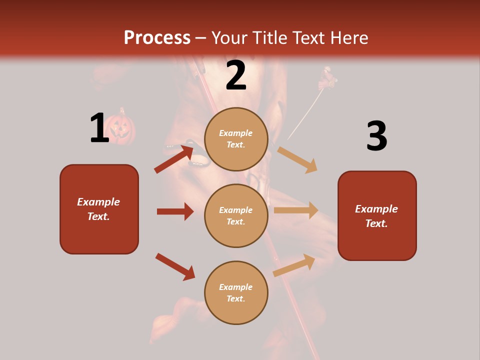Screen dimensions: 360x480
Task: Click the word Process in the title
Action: point(157,37)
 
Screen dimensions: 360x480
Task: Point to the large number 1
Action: point(99,128)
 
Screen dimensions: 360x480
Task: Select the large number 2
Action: point(236,75)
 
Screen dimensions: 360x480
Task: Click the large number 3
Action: point(376,136)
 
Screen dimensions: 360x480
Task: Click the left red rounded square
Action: point(99,209)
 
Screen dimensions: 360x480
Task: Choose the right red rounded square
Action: point(377,215)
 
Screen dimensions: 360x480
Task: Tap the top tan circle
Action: point(236,139)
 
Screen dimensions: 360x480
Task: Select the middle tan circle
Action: point(236,215)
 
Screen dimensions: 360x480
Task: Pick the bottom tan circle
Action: point(236,292)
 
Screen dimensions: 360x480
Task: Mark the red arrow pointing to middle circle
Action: point(175,211)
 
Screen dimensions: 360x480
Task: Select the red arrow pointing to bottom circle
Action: point(175,266)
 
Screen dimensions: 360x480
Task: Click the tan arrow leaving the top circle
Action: point(298,159)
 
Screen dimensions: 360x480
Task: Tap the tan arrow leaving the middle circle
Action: point(296,210)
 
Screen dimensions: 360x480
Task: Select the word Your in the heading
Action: point(228,37)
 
